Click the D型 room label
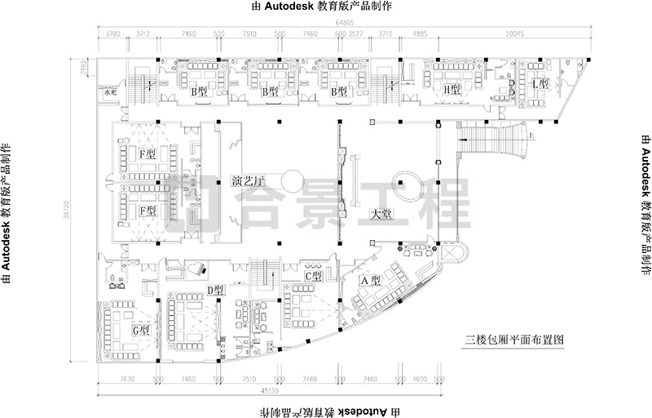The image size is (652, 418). pyautogui.click(x=215, y=289)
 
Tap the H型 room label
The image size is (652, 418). pyautogui.click(x=452, y=88)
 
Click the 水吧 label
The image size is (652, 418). pyautogui.click(x=110, y=93)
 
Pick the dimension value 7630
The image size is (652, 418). pyautogui.click(x=127, y=380)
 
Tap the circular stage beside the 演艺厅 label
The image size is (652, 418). pyautogui.click(x=293, y=178)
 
